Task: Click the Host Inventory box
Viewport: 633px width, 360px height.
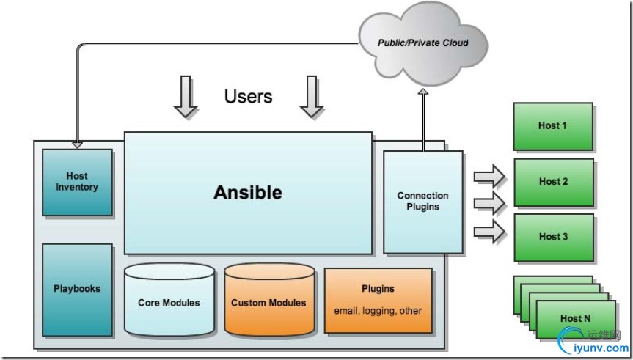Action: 77,183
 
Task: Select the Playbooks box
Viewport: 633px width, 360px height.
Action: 77,289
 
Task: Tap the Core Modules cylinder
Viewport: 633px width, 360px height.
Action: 169,302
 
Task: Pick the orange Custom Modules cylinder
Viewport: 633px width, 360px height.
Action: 268,302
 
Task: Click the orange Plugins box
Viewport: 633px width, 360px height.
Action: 378,300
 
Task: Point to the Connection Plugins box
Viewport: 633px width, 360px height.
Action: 422,202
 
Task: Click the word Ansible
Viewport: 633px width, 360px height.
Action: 248,193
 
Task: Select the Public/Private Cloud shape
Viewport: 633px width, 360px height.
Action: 422,43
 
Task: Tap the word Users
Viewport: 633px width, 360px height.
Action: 248,96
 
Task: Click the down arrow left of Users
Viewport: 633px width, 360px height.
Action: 186,97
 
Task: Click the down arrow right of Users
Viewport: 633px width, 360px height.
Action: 312,97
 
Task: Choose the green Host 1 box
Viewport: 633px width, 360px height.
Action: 553,126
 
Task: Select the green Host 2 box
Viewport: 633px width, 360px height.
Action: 553,182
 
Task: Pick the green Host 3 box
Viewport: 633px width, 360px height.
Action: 553,237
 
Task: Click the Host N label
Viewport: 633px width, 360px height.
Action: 575,318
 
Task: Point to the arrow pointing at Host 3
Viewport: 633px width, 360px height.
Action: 489,232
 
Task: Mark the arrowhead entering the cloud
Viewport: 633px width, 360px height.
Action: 422,92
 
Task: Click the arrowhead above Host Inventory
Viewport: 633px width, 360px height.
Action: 77,144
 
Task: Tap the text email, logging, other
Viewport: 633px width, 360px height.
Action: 378,311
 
